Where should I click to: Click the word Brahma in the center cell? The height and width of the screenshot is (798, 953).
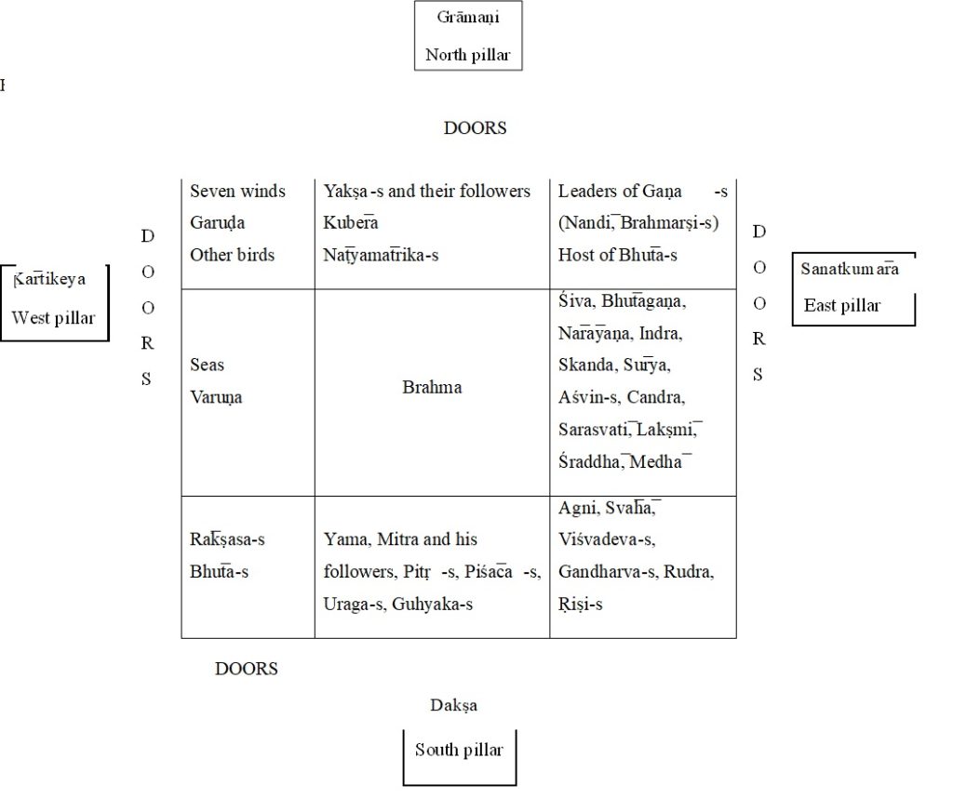coord(432,388)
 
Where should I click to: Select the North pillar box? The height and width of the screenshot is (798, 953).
coord(468,36)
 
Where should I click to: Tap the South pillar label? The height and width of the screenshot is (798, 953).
coord(459,751)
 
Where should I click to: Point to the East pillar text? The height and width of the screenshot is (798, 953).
coord(842,305)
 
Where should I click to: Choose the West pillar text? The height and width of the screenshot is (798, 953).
coord(53,318)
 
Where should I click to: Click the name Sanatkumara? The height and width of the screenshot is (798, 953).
coord(850,270)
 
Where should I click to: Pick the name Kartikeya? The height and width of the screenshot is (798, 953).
coord(50,279)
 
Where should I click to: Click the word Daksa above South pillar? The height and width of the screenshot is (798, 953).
coord(453,706)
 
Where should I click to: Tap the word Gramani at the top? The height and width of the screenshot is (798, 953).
coord(468,18)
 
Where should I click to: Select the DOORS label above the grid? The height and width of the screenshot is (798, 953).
coord(475,128)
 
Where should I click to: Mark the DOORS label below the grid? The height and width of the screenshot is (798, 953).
coord(246,669)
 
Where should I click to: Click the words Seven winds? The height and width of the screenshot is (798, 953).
coord(237,192)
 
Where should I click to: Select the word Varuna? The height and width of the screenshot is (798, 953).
coord(216,398)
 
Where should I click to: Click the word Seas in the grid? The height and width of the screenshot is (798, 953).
coord(207,366)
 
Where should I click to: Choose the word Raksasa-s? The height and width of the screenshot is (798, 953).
coord(227,539)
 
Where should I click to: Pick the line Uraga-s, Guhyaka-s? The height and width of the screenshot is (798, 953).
coord(398,605)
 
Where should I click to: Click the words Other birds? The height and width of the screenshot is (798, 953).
coord(233,255)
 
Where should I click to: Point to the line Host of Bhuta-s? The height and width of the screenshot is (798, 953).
coord(618,255)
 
